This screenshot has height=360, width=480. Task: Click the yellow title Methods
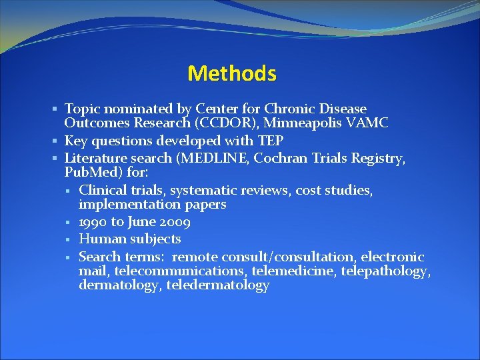pyautogui.click(x=231, y=73)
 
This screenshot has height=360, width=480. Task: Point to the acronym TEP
pyautogui.click(x=270, y=141)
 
